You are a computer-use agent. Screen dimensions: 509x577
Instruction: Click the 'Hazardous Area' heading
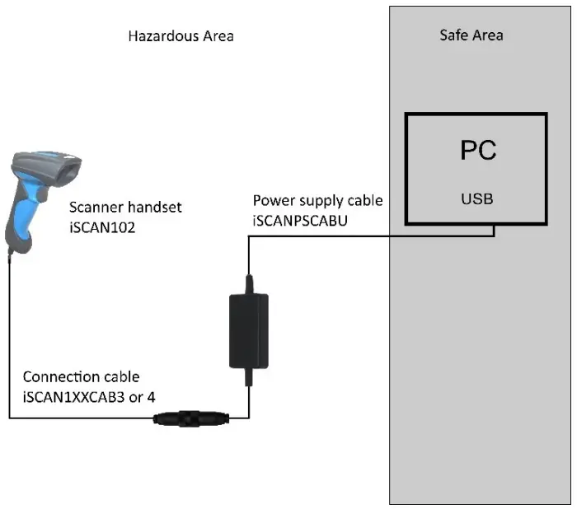[x=181, y=35]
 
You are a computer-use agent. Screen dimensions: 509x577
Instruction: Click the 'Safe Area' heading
[x=471, y=35]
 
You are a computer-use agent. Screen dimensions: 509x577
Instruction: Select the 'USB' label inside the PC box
[x=477, y=199]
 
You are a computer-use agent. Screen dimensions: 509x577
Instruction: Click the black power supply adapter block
[x=246, y=329]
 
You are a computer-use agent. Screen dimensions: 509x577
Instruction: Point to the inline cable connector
[x=188, y=418]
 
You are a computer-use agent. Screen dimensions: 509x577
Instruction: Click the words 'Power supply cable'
[x=317, y=200]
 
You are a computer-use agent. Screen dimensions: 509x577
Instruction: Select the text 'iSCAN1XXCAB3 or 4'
[x=89, y=396]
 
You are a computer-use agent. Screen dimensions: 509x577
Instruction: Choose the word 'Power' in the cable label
[x=271, y=200]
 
